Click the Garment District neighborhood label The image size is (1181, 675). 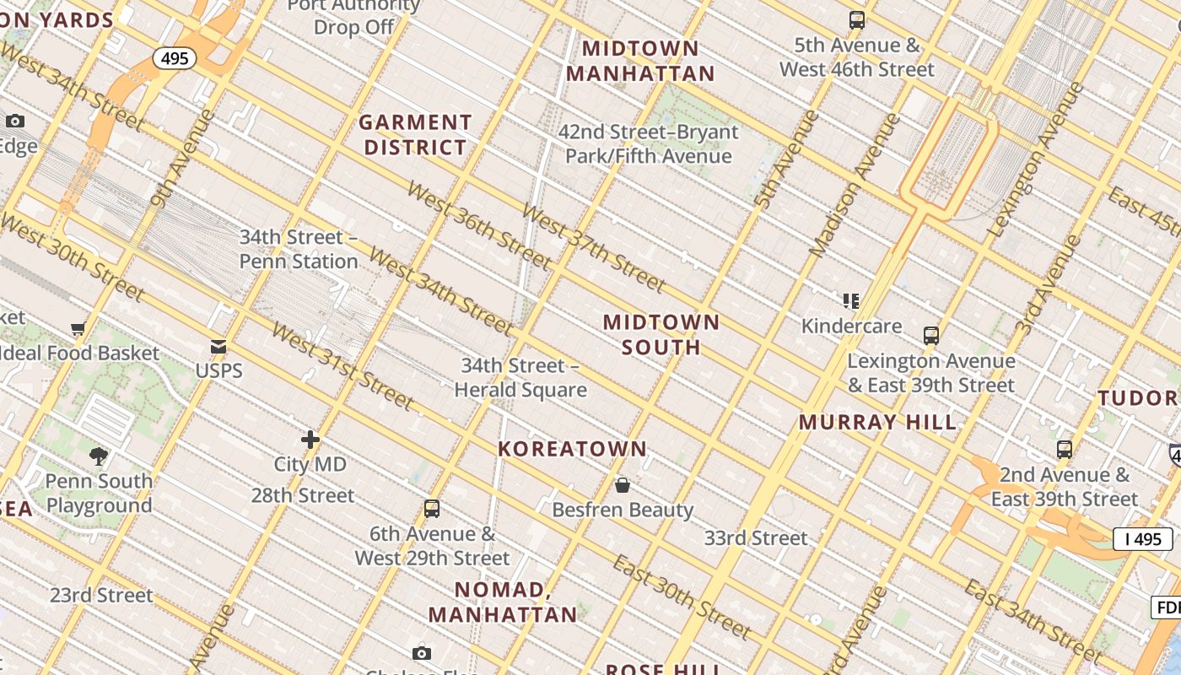coord(415,135)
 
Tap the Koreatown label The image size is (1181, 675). coord(572,449)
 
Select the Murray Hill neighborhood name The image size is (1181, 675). coord(878,422)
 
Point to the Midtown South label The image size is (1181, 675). coord(661,334)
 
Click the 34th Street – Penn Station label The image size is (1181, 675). coord(299,249)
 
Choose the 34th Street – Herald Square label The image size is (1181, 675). coord(520,377)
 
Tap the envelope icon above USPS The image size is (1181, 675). coord(218,347)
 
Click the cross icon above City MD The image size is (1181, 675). coord(310,440)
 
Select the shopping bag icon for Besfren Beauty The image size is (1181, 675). coord(623,485)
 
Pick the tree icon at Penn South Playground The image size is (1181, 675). coord(99,456)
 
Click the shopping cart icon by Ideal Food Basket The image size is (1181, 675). coord(78,328)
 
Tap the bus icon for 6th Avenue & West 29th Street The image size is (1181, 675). coord(432,509)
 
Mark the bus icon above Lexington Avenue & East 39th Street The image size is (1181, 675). coord(931,336)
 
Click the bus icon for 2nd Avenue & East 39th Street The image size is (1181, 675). coord(1065,450)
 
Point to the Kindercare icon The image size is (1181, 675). coord(851,301)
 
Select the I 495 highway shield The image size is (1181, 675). coord(1142,538)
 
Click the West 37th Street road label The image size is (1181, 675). coord(593,246)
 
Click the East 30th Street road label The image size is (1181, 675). coord(681,597)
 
